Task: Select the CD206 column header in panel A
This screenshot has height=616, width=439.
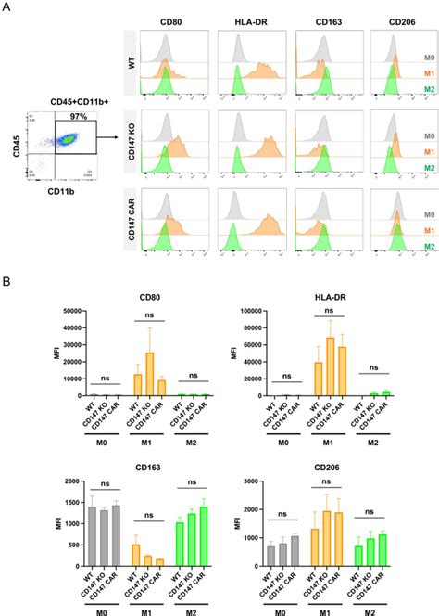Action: tap(396, 19)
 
